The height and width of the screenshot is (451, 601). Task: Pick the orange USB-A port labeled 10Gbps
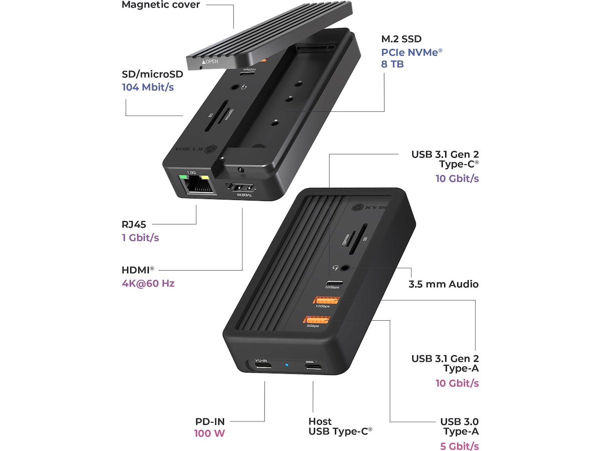coord(327,302)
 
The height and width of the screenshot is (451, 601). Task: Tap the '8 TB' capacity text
coord(392,64)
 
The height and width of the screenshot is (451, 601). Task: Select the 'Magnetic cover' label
coord(161,5)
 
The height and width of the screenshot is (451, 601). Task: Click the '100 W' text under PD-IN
coord(209,433)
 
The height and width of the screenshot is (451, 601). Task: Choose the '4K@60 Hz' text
coord(148,283)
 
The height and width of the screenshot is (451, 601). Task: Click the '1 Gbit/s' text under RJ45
coord(140,237)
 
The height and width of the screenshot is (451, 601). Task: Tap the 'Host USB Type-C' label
coord(340,426)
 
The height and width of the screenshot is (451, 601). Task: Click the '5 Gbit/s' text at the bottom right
coord(460,446)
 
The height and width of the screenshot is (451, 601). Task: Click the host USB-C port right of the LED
coord(314,366)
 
